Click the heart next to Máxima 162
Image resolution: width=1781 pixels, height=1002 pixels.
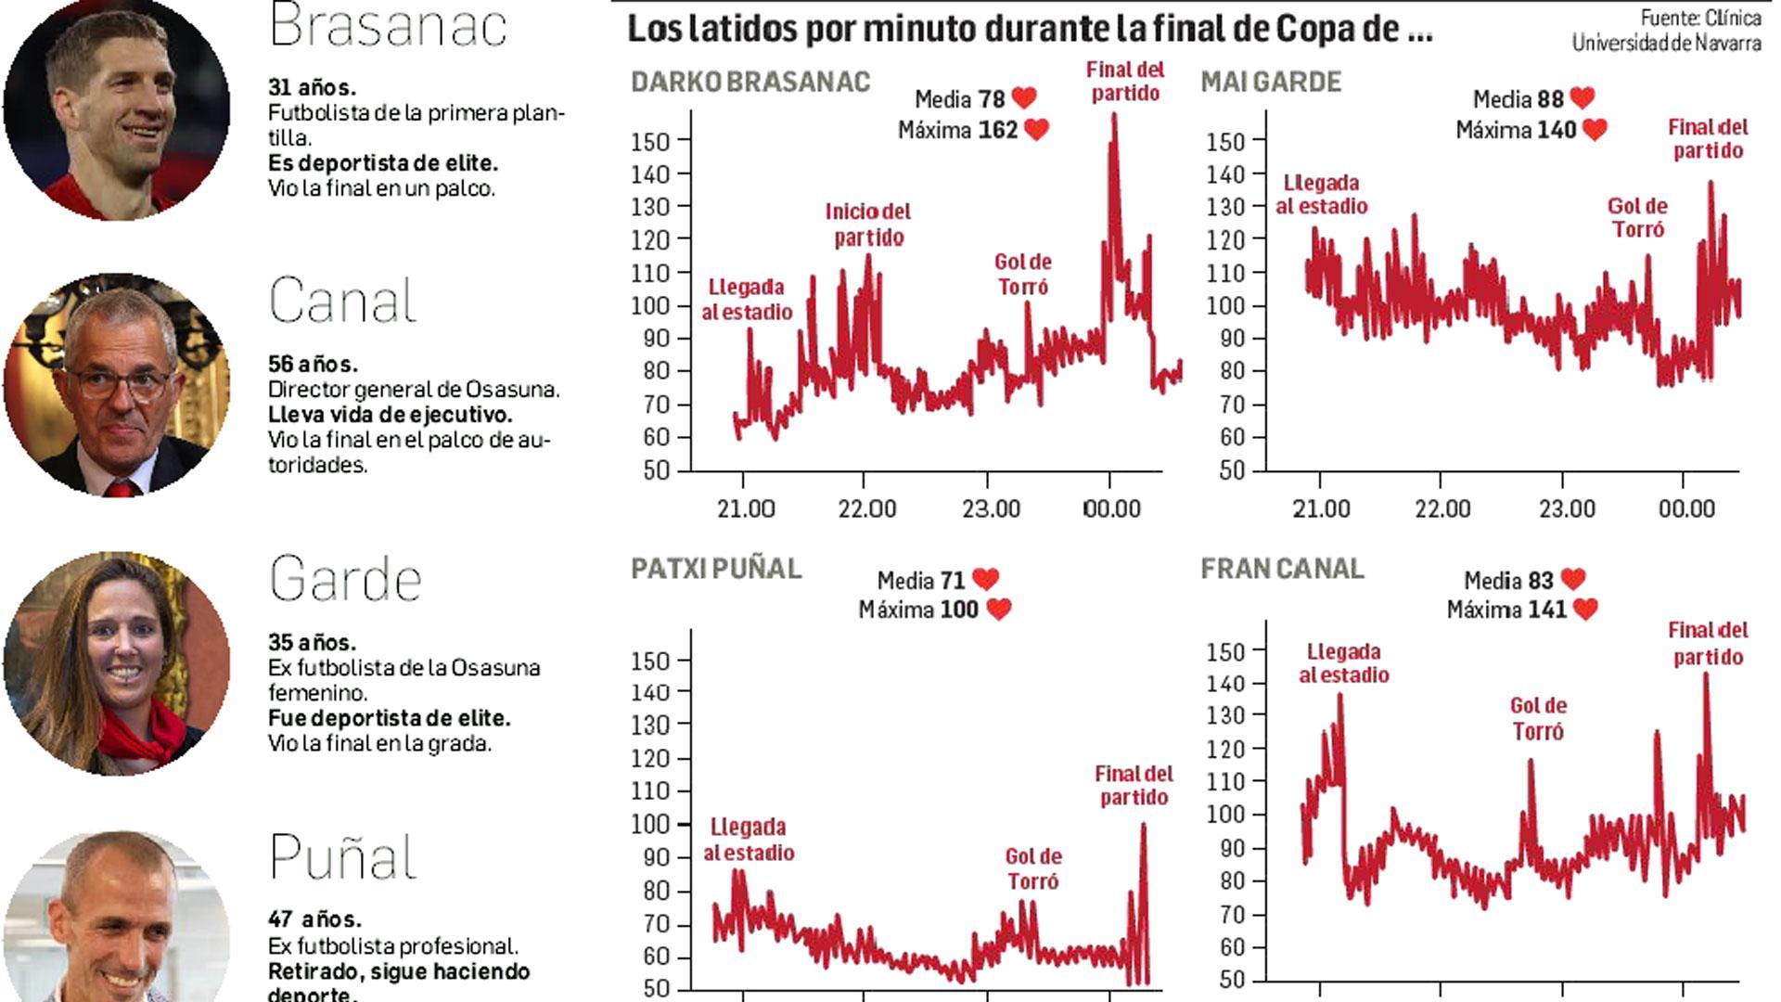pos(1036,130)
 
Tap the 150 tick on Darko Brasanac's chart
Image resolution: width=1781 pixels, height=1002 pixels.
pos(650,141)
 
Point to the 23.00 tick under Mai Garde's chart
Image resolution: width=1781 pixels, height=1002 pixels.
pos(1567,508)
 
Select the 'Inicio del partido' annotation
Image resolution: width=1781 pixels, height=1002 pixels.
pos(868,225)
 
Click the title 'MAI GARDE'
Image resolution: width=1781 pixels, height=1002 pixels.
pos(1271,82)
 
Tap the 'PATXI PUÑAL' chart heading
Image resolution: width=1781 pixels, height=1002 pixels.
pos(715,568)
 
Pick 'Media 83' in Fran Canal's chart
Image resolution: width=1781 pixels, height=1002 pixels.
pos(1508,581)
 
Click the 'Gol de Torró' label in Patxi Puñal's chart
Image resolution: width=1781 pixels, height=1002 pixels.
pos(1033,868)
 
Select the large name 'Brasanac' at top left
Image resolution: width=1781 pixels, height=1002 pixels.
pos(388,26)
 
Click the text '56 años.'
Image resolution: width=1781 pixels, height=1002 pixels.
pos(313,364)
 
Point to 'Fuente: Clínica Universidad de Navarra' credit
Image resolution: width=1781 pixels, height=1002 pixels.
pos(1666,30)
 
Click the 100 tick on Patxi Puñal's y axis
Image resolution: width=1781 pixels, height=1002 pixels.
pos(649,824)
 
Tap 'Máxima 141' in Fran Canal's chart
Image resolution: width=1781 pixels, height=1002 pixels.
pos(1506,610)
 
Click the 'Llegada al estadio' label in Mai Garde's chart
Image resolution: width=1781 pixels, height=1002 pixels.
pos(1321,194)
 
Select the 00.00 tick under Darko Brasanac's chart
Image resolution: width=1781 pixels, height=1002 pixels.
pos(1112,508)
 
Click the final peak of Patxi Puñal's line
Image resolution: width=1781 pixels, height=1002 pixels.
pos(1143,826)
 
